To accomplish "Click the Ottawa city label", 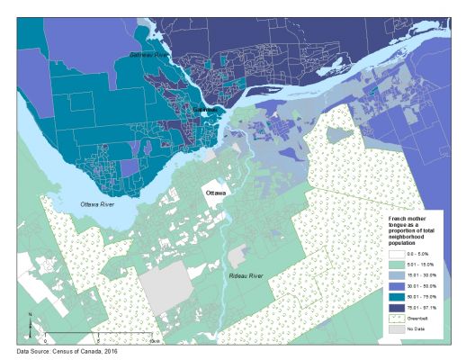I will [x=216, y=193].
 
